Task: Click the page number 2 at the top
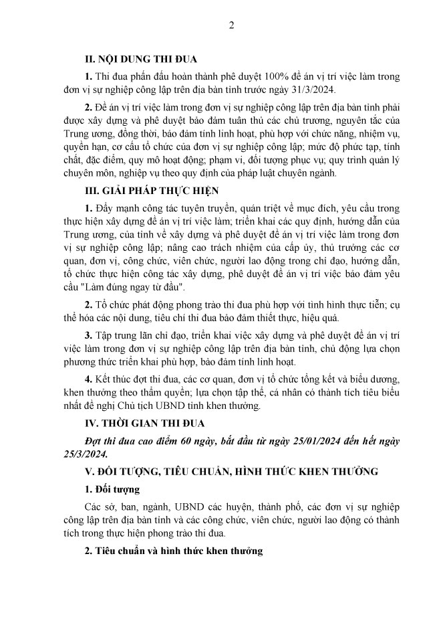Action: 231,25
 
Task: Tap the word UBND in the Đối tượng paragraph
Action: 190,506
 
